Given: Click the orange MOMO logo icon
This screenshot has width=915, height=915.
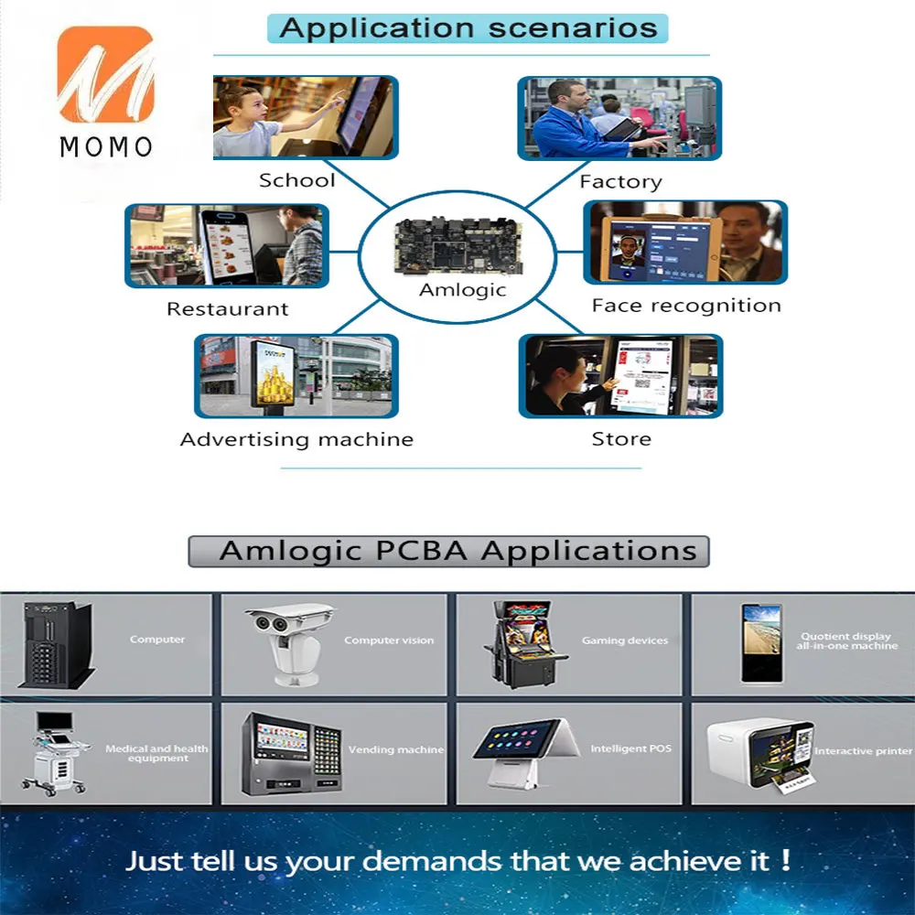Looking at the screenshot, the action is (x=105, y=74).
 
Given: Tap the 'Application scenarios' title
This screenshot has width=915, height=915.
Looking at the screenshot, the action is (x=468, y=28).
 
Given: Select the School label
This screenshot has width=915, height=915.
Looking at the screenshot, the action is (x=297, y=180).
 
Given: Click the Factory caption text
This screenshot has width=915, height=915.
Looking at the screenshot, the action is (x=621, y=182).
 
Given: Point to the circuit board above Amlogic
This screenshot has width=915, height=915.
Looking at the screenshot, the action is (x=458, y=245).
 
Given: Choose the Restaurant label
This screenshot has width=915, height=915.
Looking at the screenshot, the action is (x=228, y=308).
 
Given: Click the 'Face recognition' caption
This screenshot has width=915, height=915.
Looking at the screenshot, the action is (x=686, y=306).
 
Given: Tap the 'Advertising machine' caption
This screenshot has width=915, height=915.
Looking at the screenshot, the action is (x=297, y=439).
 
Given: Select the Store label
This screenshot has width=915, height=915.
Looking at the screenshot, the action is (x=621, y=439).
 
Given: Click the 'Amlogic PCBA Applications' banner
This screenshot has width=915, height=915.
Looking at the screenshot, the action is (x=448, y=552).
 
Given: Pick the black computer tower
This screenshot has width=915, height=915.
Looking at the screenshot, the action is (x=57, y=645).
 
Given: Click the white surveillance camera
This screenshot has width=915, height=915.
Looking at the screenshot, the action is (x=289, y=644).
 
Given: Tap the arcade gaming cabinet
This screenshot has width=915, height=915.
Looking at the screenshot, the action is (x=524, y=644).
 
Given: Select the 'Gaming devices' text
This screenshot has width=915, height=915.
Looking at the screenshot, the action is (x=625, y=640).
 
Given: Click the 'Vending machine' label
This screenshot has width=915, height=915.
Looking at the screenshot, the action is (x=396, y=750).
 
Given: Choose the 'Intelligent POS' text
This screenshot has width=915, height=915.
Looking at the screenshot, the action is (x=631, y=748).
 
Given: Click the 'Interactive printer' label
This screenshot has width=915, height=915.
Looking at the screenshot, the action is (x=863, y=751).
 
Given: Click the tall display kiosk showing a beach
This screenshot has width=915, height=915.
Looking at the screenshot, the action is (x=761, y=643).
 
